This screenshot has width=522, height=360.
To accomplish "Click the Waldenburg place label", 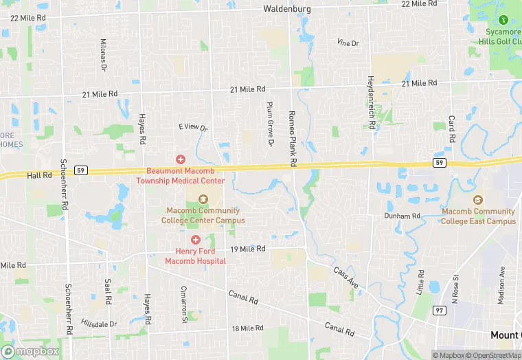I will (287, 10).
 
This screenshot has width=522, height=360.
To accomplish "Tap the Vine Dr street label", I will (348, 43).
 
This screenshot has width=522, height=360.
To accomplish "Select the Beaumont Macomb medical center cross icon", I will (181, 159).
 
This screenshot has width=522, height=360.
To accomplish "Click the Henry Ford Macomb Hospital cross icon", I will (196, 240).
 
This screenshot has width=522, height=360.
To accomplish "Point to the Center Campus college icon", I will (203, 199).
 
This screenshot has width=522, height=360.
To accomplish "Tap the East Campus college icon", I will (478, 200).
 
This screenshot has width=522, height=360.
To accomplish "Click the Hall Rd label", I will (39, 175).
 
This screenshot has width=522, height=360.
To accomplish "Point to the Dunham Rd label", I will (402, 216).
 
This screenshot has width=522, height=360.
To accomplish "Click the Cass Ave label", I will (346, 276).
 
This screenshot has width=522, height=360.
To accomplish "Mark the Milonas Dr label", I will (104, 56).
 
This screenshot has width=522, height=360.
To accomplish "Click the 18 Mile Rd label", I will (247, 328).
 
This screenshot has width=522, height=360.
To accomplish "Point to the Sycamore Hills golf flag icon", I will (503, 20).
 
